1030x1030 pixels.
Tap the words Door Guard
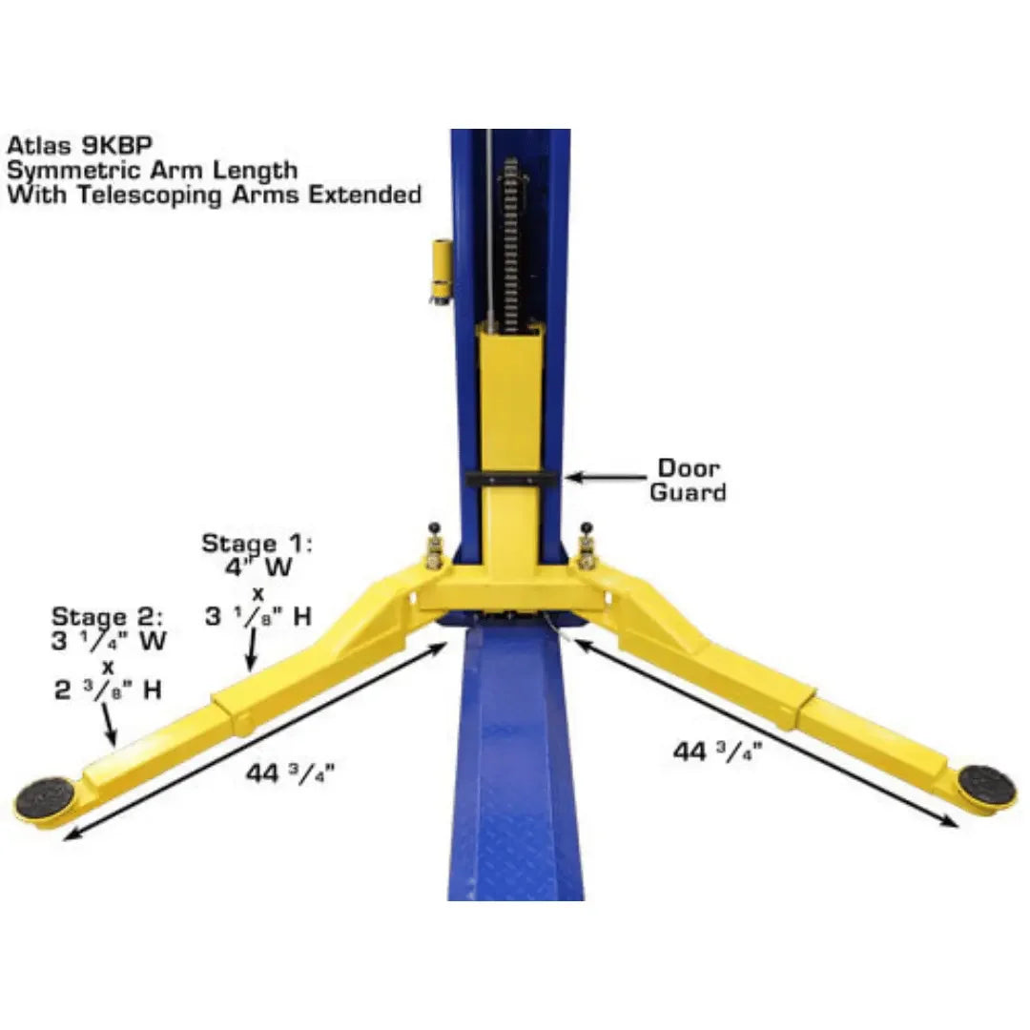click(x=688, y=481)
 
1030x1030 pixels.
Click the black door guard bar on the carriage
click(x=513, y=478)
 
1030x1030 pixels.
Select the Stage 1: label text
click(x=257, y=545)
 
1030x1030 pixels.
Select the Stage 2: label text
click(x=108, y=617)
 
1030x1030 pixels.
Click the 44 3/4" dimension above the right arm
click(x=714, y=752)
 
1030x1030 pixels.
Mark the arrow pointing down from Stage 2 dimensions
click(x=109, y=726)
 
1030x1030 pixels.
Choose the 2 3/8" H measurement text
click(x=107, y=690)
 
